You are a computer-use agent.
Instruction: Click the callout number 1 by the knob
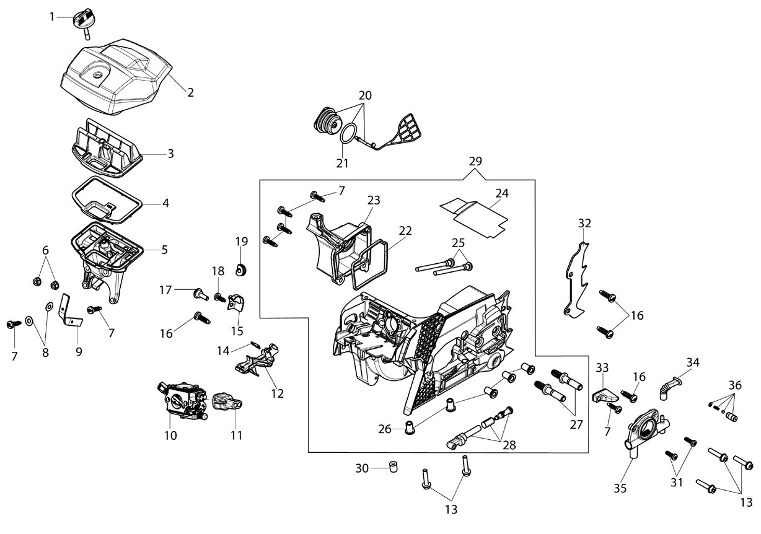tap(52, 17)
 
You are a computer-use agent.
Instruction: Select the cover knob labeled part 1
tap(82, 22)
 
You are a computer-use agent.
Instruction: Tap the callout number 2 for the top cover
tap(191, 92)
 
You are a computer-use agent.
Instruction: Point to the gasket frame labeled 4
tap(107, 201)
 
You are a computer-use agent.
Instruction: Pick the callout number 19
tap(242, 241)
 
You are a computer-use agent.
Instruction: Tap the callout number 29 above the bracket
tap(475, 161)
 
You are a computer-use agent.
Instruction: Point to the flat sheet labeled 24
tap(474, 219)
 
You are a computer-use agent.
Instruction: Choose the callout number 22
tap(405, 230)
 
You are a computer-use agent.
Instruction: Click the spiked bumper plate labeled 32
tap(576, 279)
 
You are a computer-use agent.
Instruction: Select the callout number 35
tap(620, 489)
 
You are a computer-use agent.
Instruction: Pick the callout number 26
tap(385, 429)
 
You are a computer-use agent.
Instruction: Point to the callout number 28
tap(509, 445)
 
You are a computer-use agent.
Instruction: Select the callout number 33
tap(602, 367)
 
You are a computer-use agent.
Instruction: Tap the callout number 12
tap(277, 393)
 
